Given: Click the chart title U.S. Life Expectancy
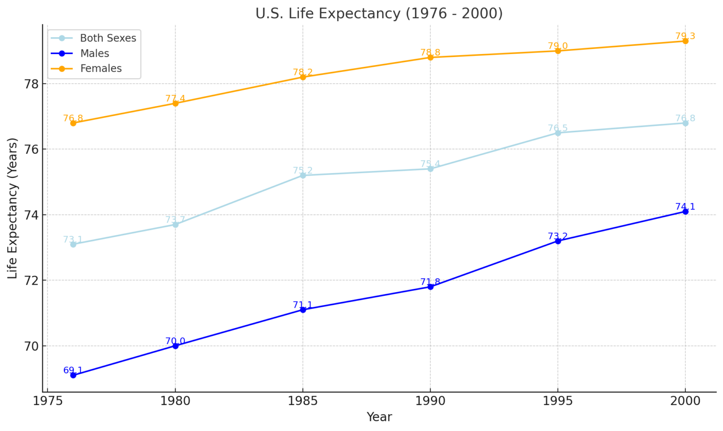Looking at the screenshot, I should pos(379,13).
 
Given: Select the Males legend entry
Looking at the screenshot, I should pos(95,54).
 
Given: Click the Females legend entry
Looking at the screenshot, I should pos(101,69).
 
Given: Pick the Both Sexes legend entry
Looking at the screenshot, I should pos(108,38).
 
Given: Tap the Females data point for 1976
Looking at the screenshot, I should pos(73,123).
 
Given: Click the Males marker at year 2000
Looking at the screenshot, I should pos(685,212).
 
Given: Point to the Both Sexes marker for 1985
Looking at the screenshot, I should pos(303,176).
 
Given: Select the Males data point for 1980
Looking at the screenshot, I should pos(175,346).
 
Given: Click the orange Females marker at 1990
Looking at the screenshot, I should pos(430,57).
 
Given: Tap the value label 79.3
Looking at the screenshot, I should pos(685,36).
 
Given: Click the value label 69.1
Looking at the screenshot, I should pos(73,370).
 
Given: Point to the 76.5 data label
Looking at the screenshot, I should pos(558,128).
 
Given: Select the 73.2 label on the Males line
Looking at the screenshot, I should pos(558,236).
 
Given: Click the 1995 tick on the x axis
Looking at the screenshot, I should pos(558,401).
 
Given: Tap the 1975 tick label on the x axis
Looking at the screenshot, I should pos(48,401).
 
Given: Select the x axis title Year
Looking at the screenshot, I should pos(379,417).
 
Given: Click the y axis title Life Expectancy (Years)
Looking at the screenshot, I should pos(13,208).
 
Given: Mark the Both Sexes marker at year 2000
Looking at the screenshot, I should pos(685,123).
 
